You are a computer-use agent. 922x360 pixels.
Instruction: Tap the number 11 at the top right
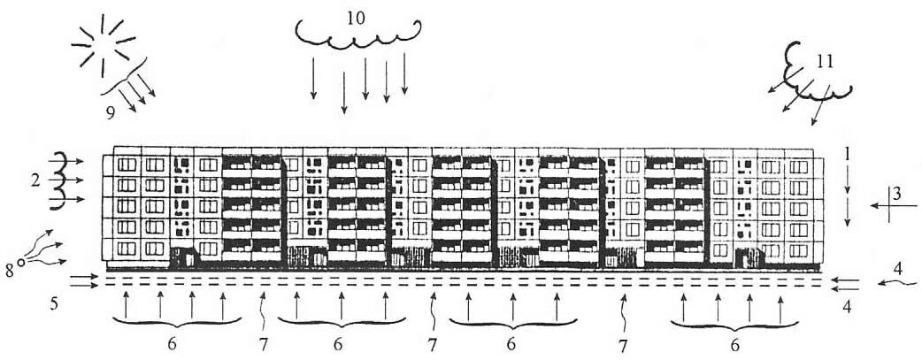pyautogui.click(x=824, y=63)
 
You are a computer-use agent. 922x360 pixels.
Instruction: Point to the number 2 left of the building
pyautogui.click(x=35, y=180)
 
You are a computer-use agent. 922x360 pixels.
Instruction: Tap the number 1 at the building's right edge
pyautogui.click(x=847, y=153)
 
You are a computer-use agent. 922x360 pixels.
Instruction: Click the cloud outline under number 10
pyautogui.click(x=357, y=37)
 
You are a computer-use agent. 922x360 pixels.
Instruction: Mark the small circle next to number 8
pyautogui.click(x=19, y=261)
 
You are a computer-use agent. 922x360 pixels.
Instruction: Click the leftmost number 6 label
pyautogui.click(x=172, y=342)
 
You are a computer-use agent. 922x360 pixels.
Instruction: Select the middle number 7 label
pyautogui.click(x=432, y=343)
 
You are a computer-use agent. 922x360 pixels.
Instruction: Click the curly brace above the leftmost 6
pyautogui.click(x=172, y=325)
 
